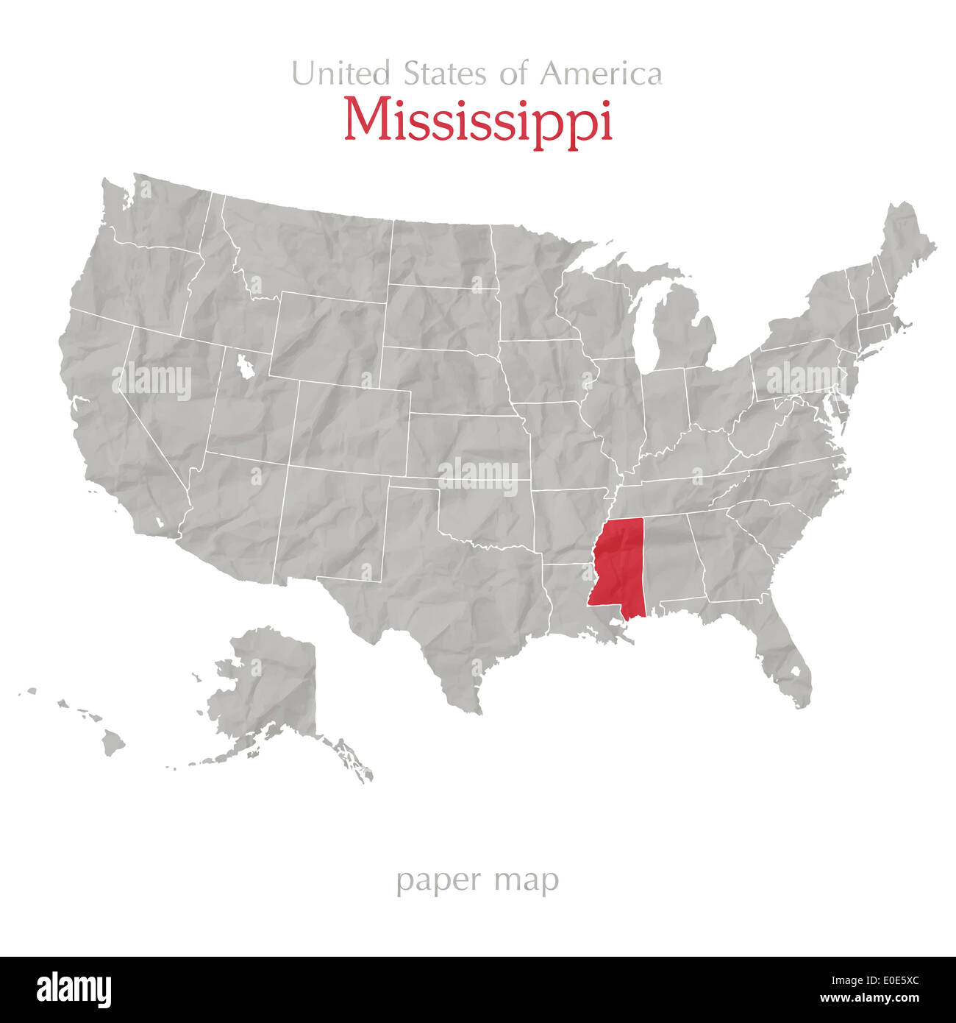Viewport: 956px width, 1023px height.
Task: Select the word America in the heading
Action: [x=601, y=74]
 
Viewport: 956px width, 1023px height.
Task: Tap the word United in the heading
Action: [x=340, y=74]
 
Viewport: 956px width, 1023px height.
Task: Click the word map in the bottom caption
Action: [x=527, y=880]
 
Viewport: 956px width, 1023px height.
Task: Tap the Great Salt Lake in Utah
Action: [x=244, y=366]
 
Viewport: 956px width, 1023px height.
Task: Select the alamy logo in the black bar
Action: [x=74, y=990]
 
